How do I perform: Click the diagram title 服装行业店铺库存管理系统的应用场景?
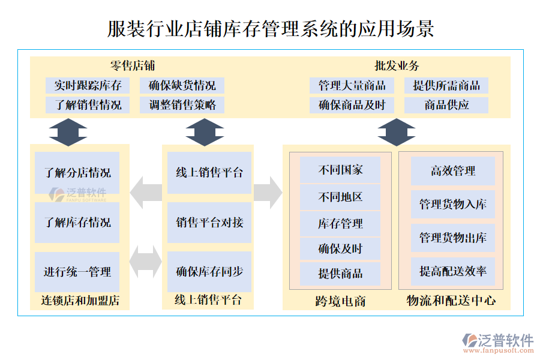coord(270,28)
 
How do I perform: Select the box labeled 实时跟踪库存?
coord(88,85)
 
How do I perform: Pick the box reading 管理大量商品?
coord(352,85)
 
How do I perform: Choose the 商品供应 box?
coord(446,106)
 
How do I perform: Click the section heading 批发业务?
coord(397,66)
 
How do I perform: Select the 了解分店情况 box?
coord(77,173)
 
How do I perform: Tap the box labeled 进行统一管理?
coord(77,272)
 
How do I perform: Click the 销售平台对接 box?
coord(209,223)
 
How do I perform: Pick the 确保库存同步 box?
coord(209,272)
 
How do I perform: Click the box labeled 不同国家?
coord(340,170)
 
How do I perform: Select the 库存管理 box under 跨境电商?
coord(340,223)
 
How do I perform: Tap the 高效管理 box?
coord(453,171)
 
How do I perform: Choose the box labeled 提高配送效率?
coord(453,271)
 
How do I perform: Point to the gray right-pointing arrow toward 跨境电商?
coord(268,193)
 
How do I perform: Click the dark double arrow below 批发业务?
coord(397,132)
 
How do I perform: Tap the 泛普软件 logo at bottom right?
coord(498,343)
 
